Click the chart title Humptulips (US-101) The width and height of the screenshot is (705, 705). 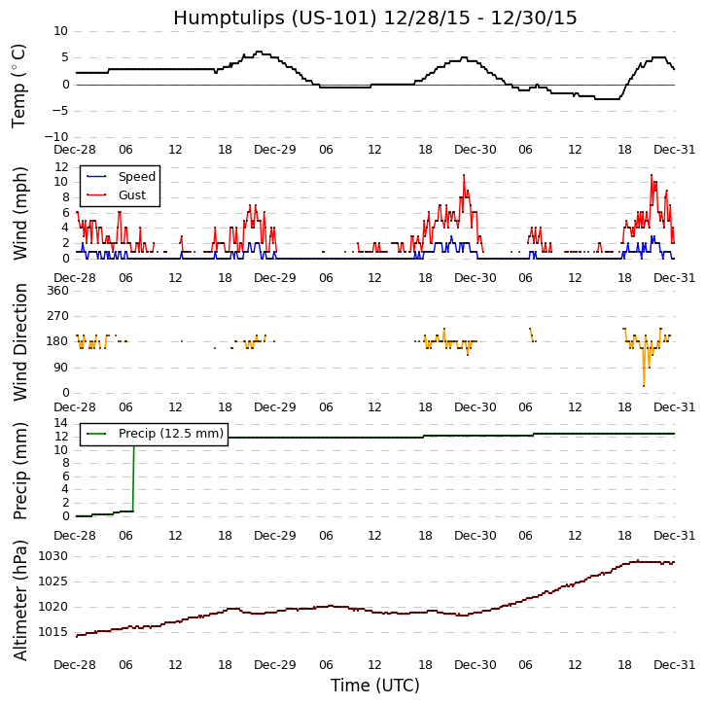(374, 18)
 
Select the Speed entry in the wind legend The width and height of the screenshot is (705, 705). (136, 177)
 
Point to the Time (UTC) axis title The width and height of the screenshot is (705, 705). (374, 685)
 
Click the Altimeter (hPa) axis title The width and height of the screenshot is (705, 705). (20, 599)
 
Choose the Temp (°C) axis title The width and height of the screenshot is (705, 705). (20, 85)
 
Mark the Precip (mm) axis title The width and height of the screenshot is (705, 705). (20, 470)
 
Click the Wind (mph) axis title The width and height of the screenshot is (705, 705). (20, 213)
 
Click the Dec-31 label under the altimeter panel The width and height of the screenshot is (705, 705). (674, 664)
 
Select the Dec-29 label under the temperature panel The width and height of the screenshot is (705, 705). (275, 150)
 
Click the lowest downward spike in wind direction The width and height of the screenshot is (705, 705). (643, 385)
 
